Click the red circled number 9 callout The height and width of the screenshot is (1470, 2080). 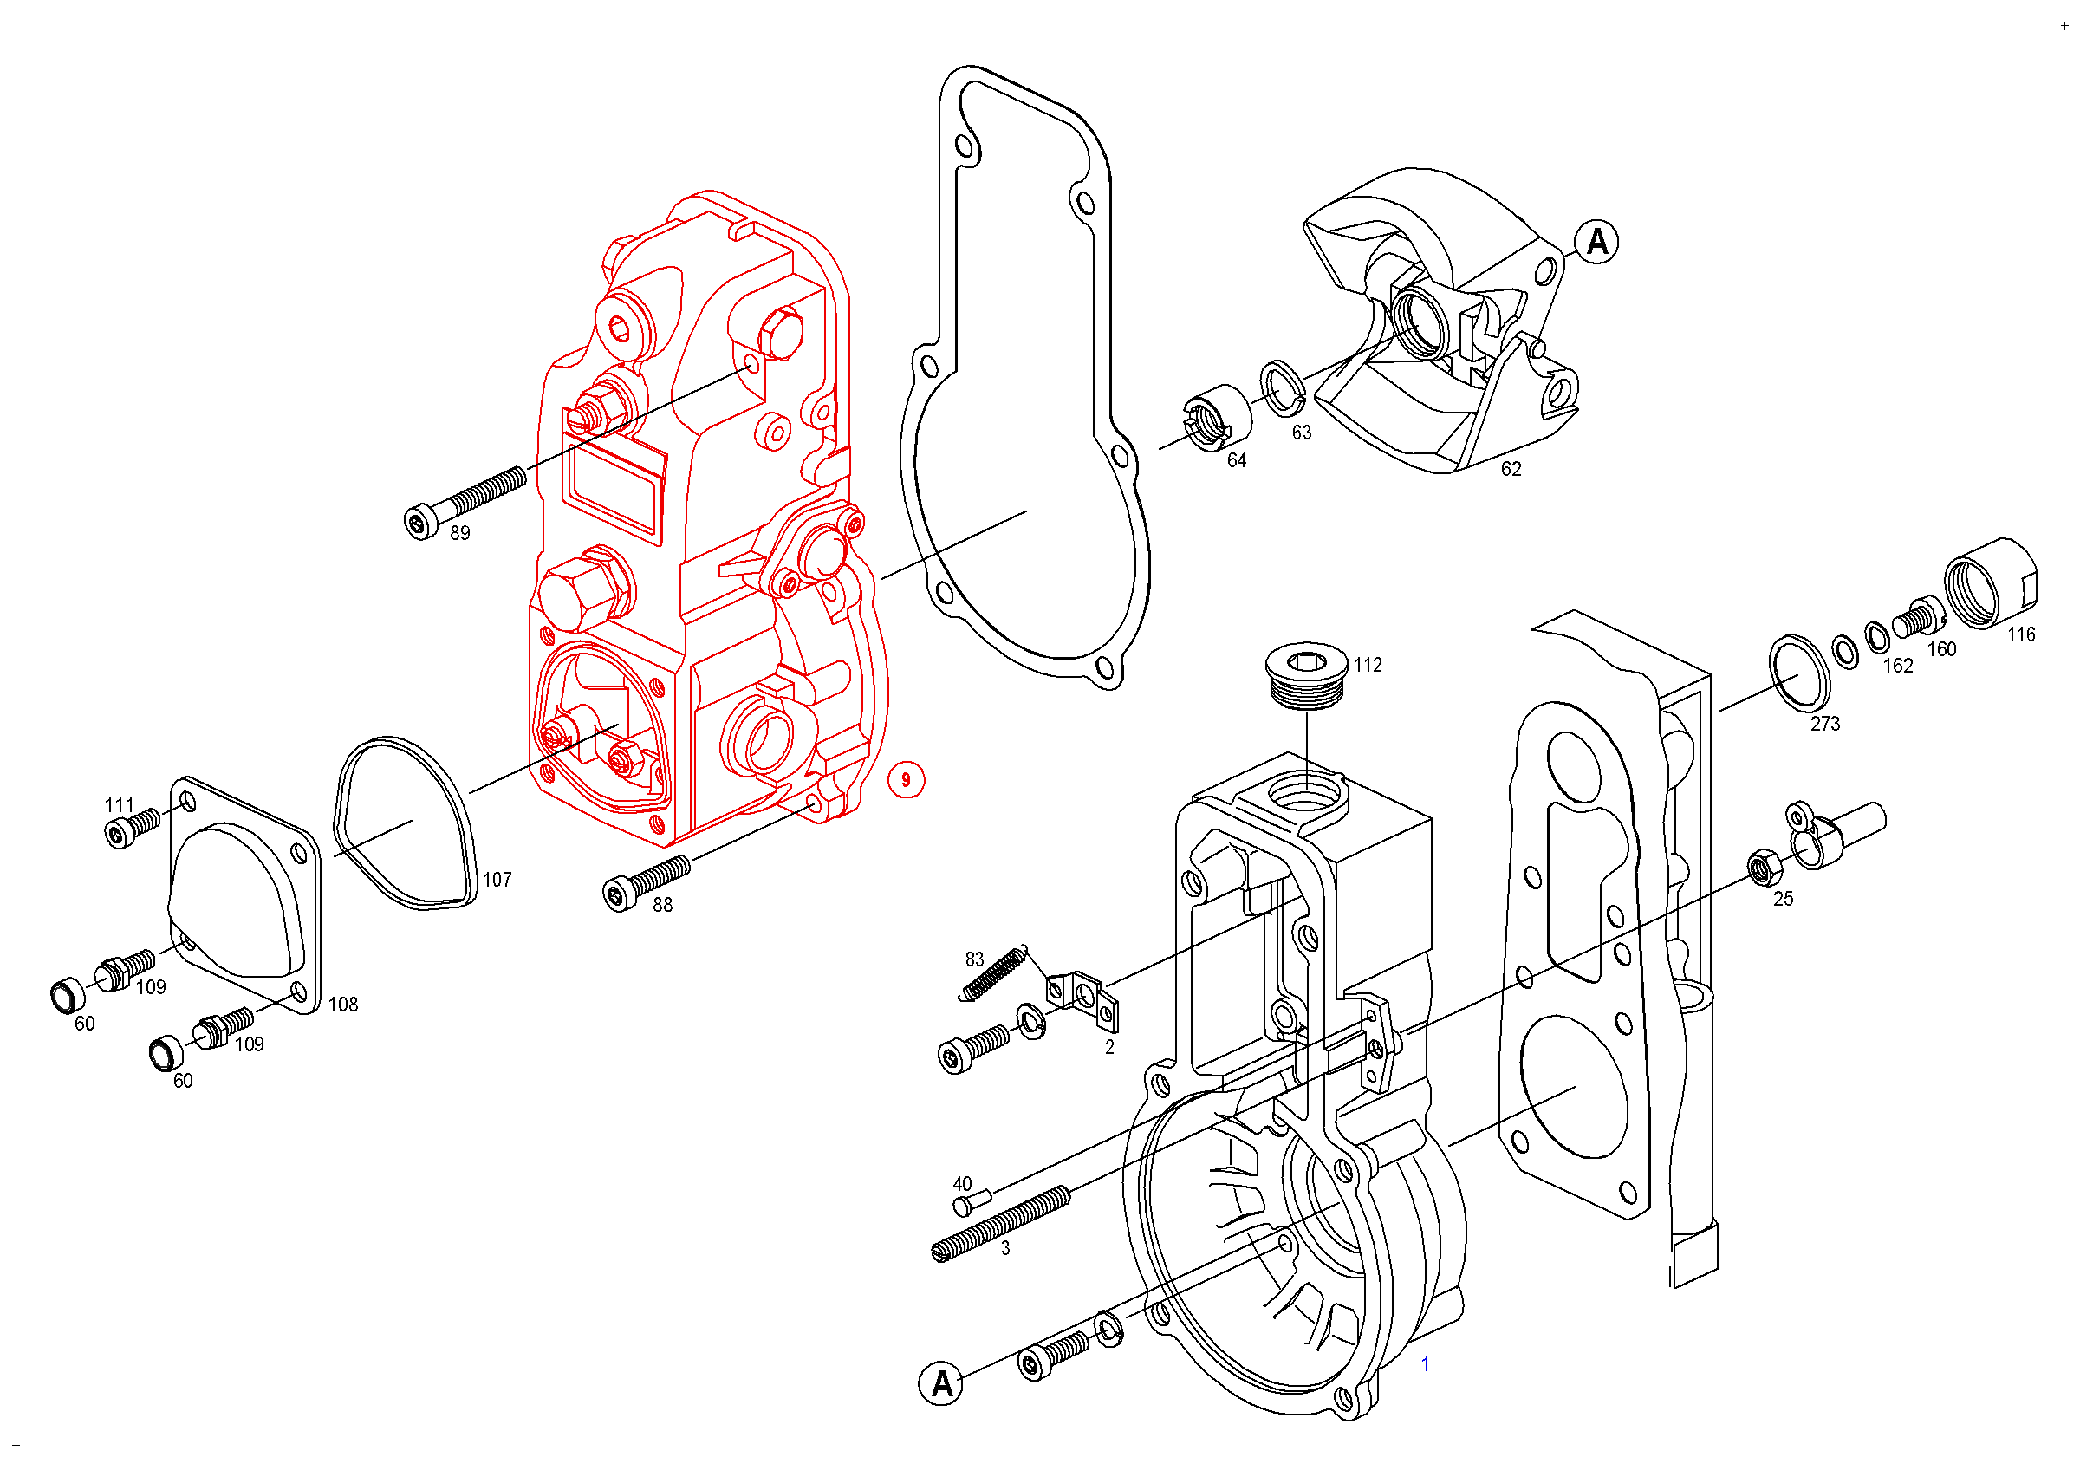coord(905,780)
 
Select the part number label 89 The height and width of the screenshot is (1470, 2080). coord(460,533)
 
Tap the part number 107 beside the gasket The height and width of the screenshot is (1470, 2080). coord(497,880)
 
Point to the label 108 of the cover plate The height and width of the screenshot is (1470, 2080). coord(343,1005)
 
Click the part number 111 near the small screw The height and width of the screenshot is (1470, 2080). coord(120,805)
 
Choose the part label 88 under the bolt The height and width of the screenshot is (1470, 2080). coord(663,905)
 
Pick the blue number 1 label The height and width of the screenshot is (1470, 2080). coord(1425,1364)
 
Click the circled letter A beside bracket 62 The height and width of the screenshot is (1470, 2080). coord(1596,242)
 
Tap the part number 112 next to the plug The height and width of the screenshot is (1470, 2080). coord(1368,665)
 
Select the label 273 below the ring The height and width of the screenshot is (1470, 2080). coord(1825,724)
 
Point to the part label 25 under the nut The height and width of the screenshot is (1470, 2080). coord(1783,899)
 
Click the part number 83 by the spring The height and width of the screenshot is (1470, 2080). coord(975,959)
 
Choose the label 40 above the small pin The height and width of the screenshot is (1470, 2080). coord(962,1184)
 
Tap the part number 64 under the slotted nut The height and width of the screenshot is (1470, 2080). coord(1237,460)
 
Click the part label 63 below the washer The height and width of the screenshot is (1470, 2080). coord(1302,433)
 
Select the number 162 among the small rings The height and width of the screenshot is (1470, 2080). coord(1898,666)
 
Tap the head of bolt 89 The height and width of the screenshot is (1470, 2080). coord(420,523)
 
